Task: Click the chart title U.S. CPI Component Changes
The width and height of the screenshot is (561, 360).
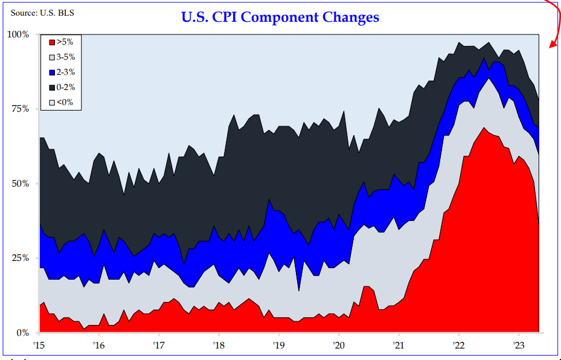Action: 280,17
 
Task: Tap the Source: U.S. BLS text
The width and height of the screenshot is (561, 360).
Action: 38,12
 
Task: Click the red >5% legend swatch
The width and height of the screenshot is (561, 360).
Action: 51,42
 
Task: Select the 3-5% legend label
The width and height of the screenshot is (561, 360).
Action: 66,57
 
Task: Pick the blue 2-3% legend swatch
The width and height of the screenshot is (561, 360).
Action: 51,72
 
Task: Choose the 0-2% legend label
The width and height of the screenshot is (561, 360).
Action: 66,88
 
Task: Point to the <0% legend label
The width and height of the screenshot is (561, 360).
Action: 65,103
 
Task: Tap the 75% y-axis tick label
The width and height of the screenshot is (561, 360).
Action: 19,109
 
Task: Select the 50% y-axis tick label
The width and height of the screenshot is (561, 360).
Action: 19,184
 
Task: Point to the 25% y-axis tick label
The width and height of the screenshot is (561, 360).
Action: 19,258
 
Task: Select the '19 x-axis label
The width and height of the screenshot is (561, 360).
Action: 278,345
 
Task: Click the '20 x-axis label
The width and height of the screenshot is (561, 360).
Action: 338,345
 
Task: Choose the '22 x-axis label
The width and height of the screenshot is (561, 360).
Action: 458,345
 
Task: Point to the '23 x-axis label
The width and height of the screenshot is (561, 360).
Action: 518,345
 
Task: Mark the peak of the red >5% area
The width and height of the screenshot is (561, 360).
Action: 484,127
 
